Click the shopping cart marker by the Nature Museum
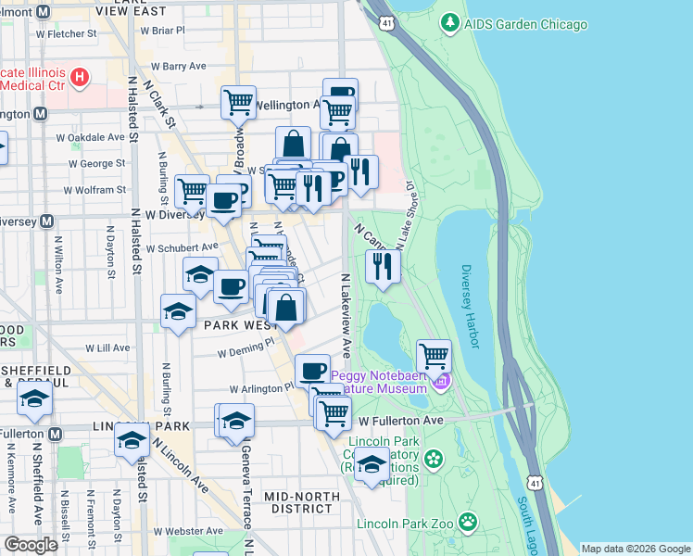(x=433, y=355)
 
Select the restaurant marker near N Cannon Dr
(x=383, y=267)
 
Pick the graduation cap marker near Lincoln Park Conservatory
(x=372, y=464)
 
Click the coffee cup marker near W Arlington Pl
(x=313, y=370)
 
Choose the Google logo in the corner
(x=31, y=545)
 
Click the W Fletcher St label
(x=65, y=33)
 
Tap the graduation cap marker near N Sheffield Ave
(x=34, y=398)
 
